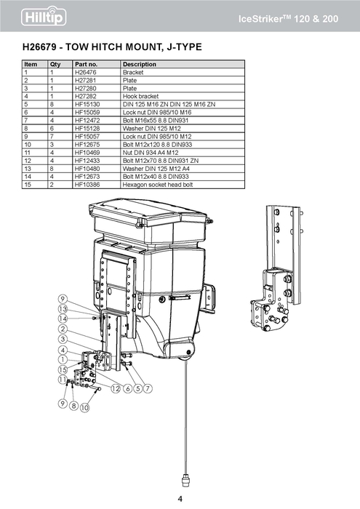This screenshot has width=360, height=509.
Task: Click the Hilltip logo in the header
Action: (44, 17)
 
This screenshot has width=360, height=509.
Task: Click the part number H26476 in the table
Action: (85, 73)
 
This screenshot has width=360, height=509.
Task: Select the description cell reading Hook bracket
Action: (140, 97)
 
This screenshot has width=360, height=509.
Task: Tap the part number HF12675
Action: (87, 145)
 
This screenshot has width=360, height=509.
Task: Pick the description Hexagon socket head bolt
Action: (158, 185)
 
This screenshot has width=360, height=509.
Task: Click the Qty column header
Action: (55, 64)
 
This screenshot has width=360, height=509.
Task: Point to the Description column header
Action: (140, 64)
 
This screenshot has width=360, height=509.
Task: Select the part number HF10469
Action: (87, 153)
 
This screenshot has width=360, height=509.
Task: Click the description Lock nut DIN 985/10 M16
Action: (157, 112)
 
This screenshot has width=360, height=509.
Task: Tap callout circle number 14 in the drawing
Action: (63, 318)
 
